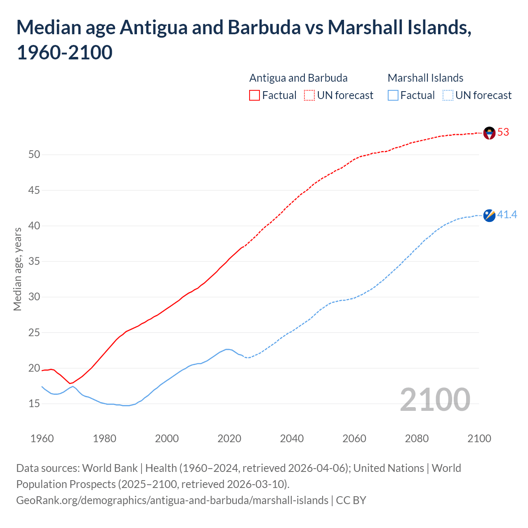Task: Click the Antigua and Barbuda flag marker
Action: (489, 133)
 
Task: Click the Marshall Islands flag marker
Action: (489, 215)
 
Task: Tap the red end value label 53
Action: (503, 132)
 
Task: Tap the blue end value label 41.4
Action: (507, 215)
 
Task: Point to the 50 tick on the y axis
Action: (34, 155)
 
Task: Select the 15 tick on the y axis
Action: (34, 404)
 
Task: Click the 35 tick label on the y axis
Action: (34, 262)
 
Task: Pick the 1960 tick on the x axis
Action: (42, 438)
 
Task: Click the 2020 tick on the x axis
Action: (229, 438)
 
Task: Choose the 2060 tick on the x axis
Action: (354, 438)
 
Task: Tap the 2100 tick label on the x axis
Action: (479, 438)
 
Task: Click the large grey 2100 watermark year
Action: (435, 400)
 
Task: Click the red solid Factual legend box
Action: (255, 95)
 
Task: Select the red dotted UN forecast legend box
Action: (309, 95)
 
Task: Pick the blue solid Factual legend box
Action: (393, 95)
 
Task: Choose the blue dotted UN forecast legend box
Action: (448, 95)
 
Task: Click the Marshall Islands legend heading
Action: (425, 78)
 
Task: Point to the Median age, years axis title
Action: (17, 269)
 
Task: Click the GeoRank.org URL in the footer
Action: (172, 500)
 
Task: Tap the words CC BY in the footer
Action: (351, 500)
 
